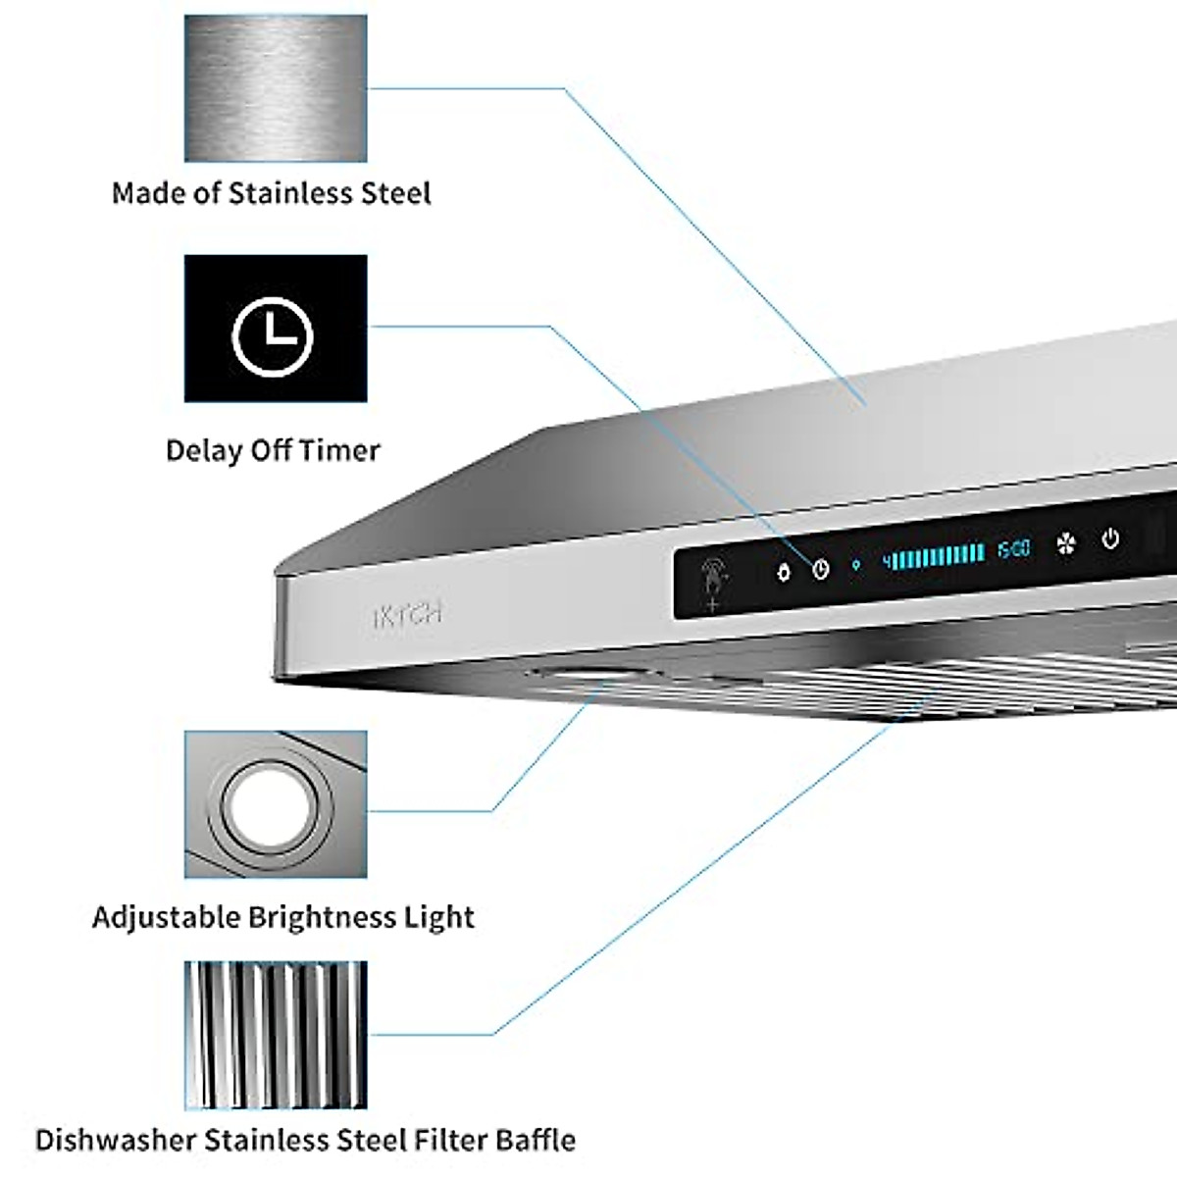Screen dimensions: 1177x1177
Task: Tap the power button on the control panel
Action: [1110, 538]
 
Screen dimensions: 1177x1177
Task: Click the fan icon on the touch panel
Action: [1066, 543]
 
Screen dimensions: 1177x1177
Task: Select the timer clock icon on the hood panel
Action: [820, 569]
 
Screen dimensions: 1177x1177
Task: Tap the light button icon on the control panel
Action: [783, 572]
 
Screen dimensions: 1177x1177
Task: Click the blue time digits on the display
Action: [1014, 549]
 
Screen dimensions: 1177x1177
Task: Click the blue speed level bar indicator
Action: [934, 556]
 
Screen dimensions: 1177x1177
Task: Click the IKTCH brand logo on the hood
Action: [407, 615]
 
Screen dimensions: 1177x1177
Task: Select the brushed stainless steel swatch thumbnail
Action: [276, 88]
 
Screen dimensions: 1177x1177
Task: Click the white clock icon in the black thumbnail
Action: [273, 336]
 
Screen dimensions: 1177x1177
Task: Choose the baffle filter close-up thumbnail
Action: [276, 1035]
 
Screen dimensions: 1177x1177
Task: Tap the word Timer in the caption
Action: [339, 450]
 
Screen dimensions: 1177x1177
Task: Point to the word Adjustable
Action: [166, 917]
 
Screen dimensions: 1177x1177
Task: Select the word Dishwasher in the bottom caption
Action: [116, 1141]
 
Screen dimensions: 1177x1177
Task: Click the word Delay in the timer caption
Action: [204, 450]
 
